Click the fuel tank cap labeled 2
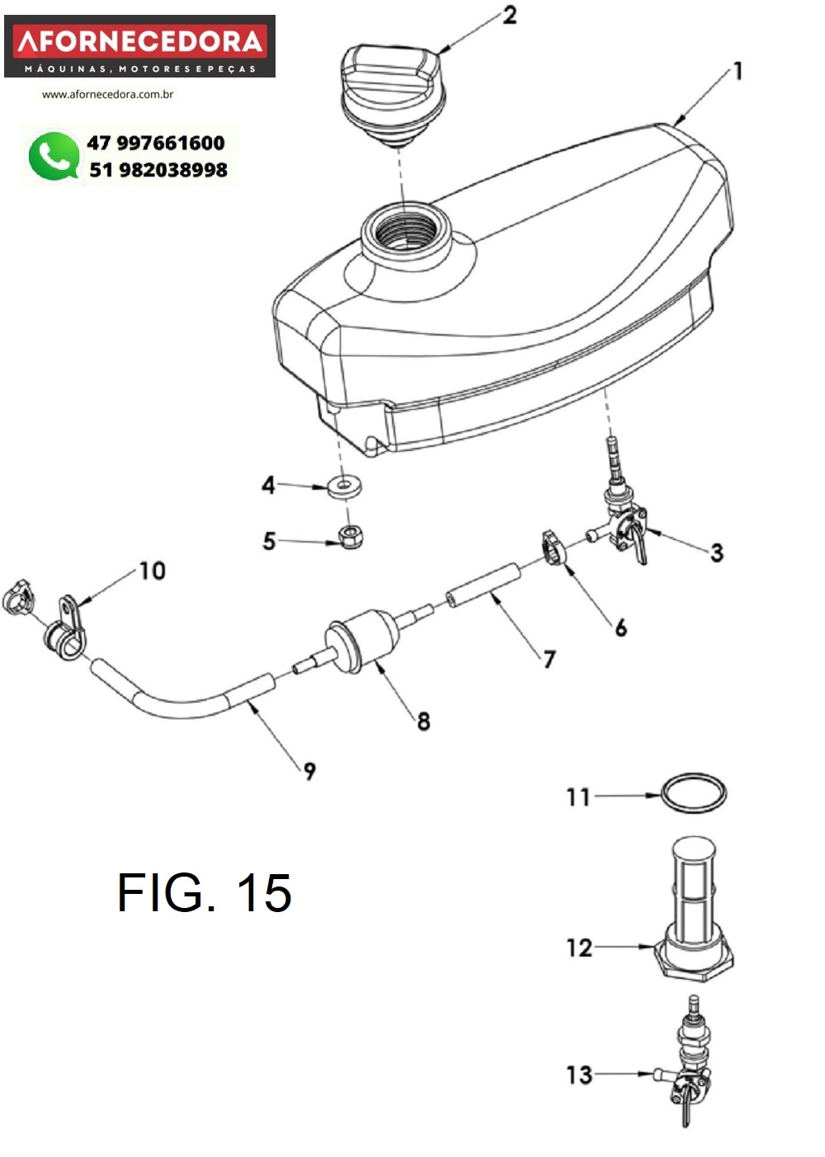tap(391, 93)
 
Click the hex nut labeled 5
tap(351, 536)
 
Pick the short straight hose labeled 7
tap(483, 586)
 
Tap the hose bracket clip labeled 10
tap(66, 629)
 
